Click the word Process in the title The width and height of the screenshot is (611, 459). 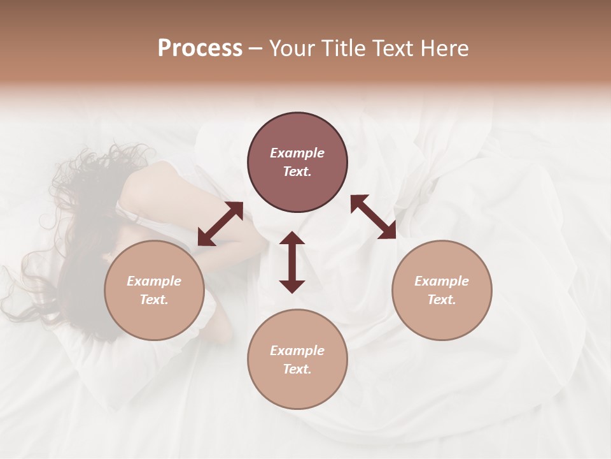(200, 48)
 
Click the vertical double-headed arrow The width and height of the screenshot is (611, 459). (292, 262)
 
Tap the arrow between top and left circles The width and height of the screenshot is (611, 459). (220, 224)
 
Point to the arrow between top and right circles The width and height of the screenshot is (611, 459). (374, 217)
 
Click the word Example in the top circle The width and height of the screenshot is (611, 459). (297, 153)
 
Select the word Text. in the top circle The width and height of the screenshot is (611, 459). (297, 171)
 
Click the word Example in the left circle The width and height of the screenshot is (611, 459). (154, 281)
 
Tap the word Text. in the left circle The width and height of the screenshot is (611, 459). (154, 300)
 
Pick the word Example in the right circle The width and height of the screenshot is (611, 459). (442, 281)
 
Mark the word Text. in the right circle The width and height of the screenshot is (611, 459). (442, 300)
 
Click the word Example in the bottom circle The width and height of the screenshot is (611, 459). (297, 351)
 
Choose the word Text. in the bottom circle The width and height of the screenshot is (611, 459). (297, 369)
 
